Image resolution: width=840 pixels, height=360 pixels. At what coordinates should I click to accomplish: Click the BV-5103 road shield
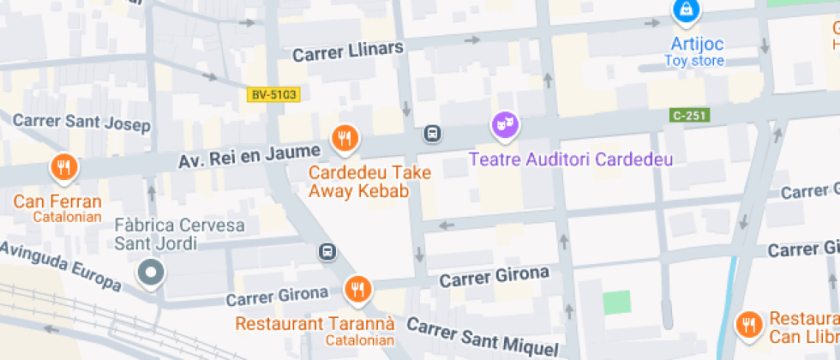coord(273,94)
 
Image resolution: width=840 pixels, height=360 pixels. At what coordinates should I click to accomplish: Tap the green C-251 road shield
coord(689,114)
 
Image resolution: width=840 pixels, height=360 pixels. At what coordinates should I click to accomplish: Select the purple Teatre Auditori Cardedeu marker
coord(505,125)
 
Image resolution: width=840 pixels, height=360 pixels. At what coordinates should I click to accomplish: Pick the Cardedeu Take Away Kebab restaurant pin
coord(345,138)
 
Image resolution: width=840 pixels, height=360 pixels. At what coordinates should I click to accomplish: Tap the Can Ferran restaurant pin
coord(63,167)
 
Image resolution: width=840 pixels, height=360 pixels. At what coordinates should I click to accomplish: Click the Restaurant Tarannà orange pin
coord(357,290)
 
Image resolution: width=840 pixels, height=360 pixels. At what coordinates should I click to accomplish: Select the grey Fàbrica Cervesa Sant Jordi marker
coord(152,273)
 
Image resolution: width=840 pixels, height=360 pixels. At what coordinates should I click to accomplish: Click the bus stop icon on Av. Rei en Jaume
coord(433,134)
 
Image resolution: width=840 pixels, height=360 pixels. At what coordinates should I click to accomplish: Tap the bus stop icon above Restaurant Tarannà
coord(327,252)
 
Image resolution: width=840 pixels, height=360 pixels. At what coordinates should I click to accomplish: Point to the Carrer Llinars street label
coord(347,51)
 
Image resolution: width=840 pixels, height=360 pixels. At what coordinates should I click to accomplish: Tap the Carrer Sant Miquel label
coord(482,338)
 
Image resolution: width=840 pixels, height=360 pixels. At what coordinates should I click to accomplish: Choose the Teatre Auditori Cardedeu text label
coord(570,159)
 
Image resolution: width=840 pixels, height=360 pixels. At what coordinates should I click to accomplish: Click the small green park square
coord(615,303)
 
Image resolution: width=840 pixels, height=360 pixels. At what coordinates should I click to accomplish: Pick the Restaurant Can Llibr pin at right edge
coord(749,324)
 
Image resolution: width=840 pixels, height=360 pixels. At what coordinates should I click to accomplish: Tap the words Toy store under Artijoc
coord(694,61)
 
